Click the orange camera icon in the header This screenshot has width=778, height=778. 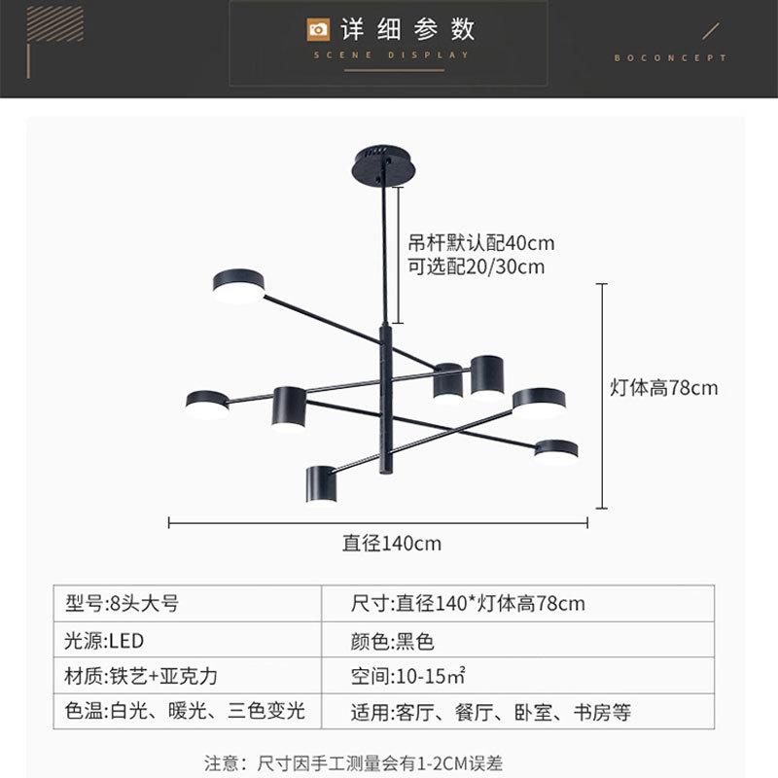click(317, 29)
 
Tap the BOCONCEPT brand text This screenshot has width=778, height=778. click(670, 58)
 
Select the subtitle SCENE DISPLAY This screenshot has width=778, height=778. click(391, 55)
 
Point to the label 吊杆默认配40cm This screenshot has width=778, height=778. click(481, 243)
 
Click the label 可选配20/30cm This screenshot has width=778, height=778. click(476, 266)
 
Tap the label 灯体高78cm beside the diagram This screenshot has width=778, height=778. click(663, 388)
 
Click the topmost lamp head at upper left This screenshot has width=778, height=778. click(238, 286)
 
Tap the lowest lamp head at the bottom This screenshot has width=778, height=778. click(321, 484)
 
